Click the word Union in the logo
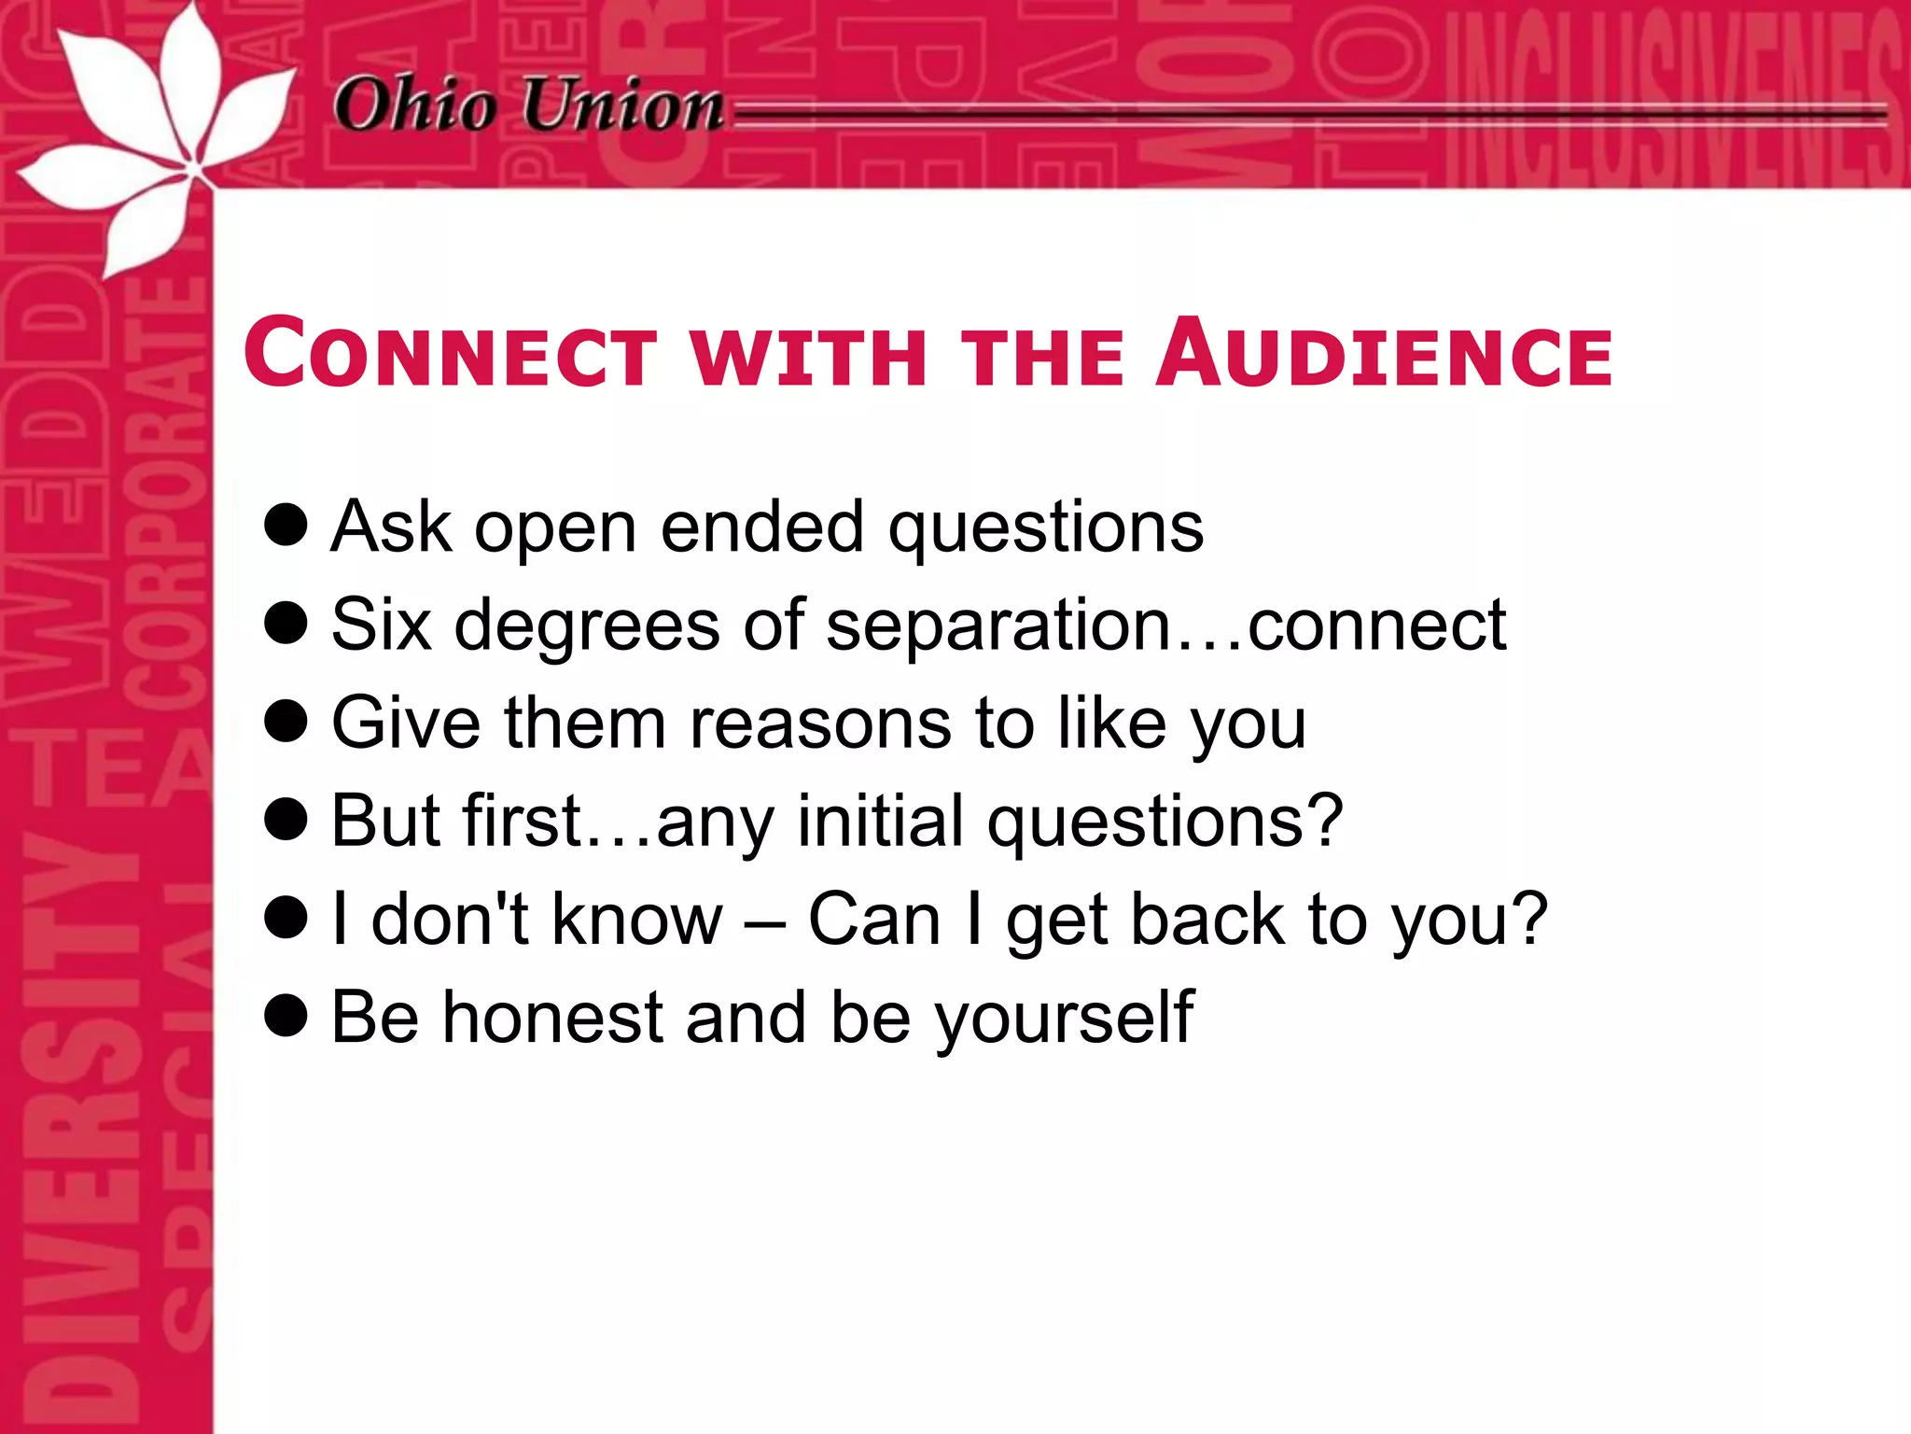click(x=622, y=105)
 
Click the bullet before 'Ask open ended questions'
click(x=286, y=525)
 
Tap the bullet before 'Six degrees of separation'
click(x=286, y=623)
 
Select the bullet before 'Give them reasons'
click(x=286, y=721)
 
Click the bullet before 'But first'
click(x=286, y=819)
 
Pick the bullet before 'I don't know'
click(x=286, y=917)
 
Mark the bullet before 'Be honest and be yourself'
click(x=286, y=1015)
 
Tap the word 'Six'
click(x=381, y=624)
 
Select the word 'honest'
click(x=552, y=1017)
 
